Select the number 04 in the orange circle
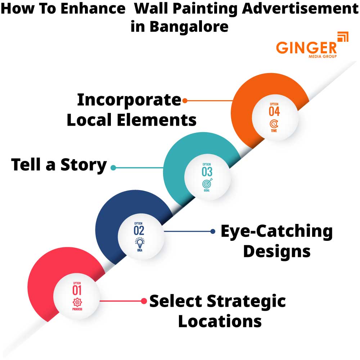point(274,111)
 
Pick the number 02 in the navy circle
point(139,230)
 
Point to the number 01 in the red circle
point(77,290)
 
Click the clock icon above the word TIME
point(274,124)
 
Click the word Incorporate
point(129,100)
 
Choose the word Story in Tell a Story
point(84,165)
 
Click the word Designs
point(276,251)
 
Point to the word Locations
point(220,321)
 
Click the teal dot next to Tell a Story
point(113,167)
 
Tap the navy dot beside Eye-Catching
point(213,231)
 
